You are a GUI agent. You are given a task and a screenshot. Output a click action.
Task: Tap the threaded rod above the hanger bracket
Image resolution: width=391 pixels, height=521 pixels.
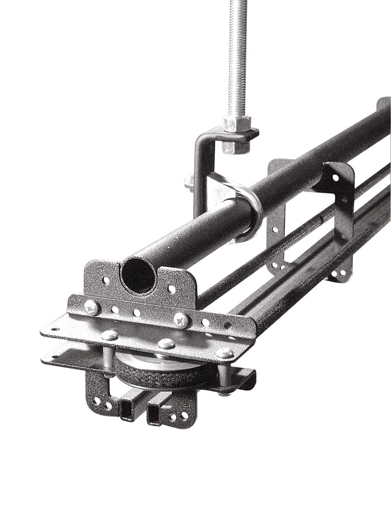pyautogui.click(x=237, y=56)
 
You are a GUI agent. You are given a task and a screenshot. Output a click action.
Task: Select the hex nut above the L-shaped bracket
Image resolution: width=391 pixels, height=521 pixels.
pyautogui.click(x=237, y=123)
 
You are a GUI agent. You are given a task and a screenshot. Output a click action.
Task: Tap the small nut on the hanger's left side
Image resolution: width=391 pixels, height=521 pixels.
pyautogui.click(x=189, y=182)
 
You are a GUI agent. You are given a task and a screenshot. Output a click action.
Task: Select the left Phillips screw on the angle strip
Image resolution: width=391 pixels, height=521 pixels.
pyautogui.click(x=92, y=307)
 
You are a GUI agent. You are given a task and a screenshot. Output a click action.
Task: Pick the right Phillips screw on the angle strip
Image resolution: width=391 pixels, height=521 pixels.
pyautogui.click(x=181, y=320)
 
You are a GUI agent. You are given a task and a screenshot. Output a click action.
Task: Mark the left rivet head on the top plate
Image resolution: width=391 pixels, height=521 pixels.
pyautogui.click(x=110, y=335)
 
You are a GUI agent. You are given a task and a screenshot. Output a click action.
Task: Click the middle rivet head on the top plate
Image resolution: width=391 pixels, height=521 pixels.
pyautogui.click(x=166, y=343)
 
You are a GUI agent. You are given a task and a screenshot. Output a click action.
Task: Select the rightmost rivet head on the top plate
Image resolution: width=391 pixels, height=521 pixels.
pyautogui.click(x=225, y=352)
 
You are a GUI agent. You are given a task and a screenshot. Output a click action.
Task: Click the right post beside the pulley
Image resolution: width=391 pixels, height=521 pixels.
pyautogui.click(x=223, y=377)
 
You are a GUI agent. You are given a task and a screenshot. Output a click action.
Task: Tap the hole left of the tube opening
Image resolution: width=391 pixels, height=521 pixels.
pyautogui.click(x=106, y=280)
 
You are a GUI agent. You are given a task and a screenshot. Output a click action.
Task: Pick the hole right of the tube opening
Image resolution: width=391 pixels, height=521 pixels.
pyautogui.click(x=172, y=290)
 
